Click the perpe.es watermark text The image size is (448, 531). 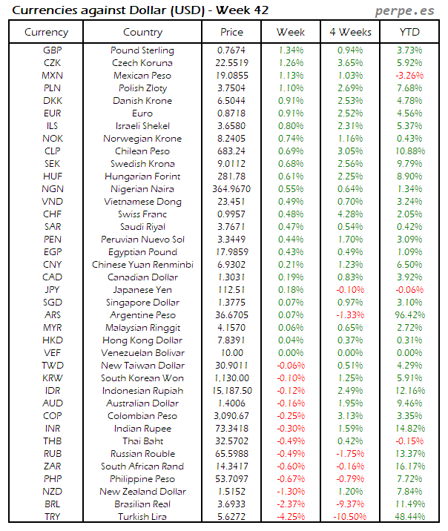click(405, 10)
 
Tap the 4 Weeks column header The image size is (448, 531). click(349, 32)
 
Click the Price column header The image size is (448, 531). click(232, 32)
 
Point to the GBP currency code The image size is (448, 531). click(52, 50)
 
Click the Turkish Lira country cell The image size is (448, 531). click(142, 516)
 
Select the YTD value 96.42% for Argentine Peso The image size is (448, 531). click(409, 315)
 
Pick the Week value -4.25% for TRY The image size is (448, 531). click(291, 516)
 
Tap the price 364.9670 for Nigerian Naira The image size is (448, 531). click(232, 189)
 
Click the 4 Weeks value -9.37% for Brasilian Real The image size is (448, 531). click(349, 504)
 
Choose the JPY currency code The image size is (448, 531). click(52, 290)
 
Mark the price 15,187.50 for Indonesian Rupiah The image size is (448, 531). click(232, 391)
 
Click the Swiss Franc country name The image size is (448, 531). click(142, 214)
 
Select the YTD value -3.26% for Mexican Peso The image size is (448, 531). click(409, 75)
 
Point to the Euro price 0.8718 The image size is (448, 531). click(232, 113)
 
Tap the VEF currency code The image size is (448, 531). click(52, 353)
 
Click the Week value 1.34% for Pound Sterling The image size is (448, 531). click(291, 50)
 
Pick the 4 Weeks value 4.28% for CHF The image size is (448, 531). click(349, 214)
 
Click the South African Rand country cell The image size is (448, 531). click(142, 466)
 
